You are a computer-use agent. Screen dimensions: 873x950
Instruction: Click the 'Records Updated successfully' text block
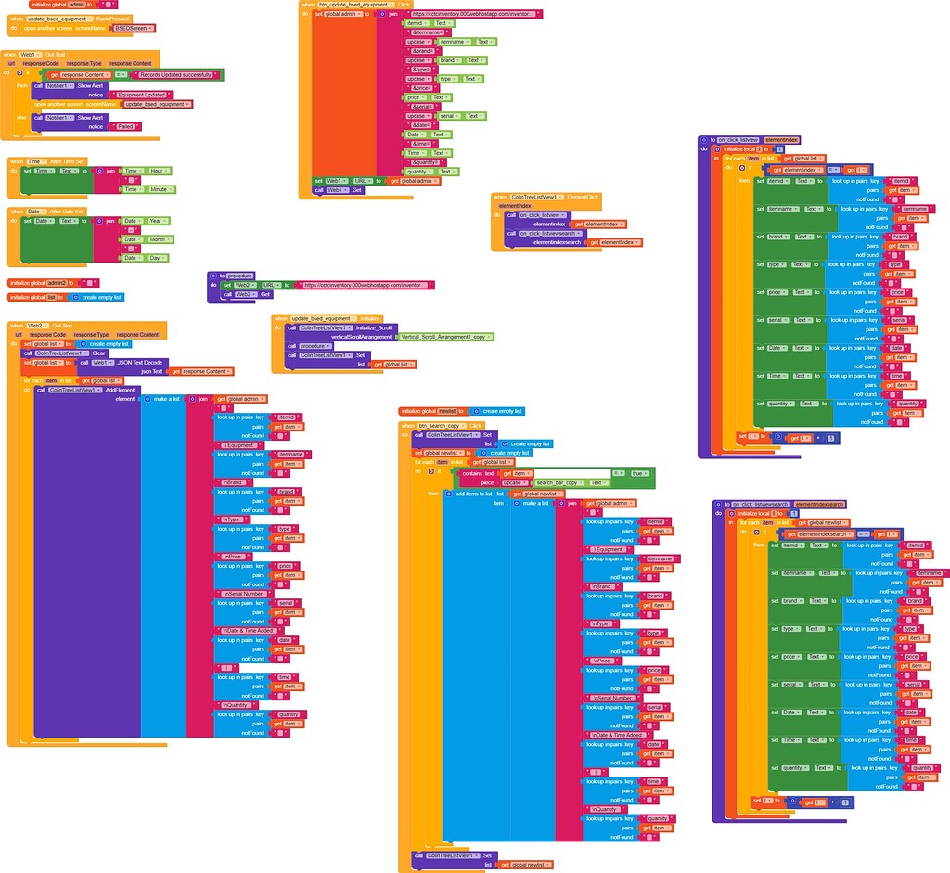pos(175,74)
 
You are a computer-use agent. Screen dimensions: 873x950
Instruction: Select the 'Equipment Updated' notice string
pos(142,95)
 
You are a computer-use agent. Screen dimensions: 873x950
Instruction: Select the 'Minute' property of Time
pos(160,189)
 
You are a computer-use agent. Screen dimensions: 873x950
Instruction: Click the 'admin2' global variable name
pos(58,283)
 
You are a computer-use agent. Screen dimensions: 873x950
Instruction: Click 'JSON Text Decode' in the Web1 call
pos(139,362)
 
